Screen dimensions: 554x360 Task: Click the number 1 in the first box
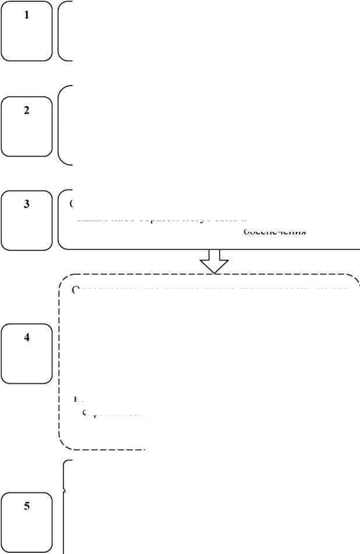coord(26,16)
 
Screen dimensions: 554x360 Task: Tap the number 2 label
coord(26,111)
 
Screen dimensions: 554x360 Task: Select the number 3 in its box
coord(26,204)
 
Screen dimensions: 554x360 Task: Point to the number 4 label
coord(26,339)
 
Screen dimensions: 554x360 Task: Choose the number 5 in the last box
coord(26,506)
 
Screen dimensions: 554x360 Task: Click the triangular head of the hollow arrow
coord(214,265)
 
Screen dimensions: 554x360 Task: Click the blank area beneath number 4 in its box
coord(26,364)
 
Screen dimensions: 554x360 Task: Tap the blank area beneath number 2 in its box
coord(26,137)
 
